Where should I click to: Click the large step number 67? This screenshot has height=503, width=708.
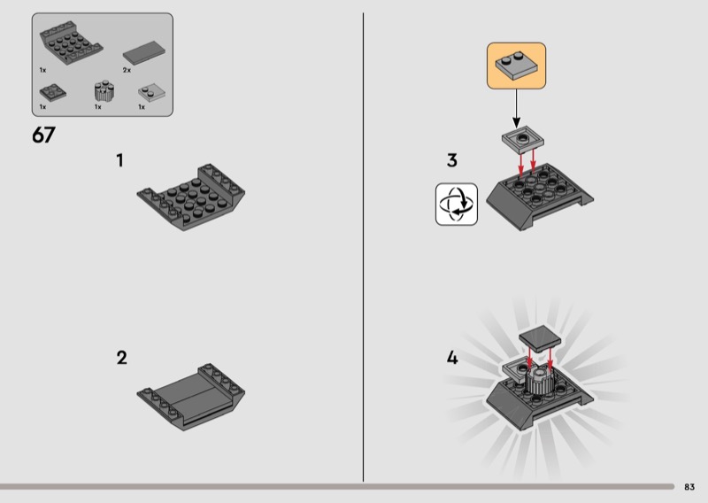(x=43, y=135)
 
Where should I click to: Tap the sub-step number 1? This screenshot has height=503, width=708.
(x=119, y=160)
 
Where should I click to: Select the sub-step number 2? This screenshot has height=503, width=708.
(x=121, y=358)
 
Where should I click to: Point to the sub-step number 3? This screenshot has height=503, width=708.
(x=452, y=160)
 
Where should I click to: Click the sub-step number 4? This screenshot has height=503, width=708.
(x=452, y=358)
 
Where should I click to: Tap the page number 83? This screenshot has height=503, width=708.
(x=689, y=487)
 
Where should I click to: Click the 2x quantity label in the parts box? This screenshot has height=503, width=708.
(x=127, y=70)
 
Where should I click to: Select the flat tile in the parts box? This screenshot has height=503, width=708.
(x=144, y=53)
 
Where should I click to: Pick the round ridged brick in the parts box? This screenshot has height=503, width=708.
(x=104, y=91)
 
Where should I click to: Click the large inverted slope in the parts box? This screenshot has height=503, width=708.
(x=71, y=43)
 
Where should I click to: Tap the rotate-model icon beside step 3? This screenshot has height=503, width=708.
(x=457, y=205)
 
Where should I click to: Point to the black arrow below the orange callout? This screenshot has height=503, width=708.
(x=516, y=108)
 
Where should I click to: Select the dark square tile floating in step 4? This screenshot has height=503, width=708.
(x=540, y=338)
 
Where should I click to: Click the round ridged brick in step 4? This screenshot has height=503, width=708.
(x=539, y=381)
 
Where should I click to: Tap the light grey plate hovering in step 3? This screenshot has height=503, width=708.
(x=523, y=138)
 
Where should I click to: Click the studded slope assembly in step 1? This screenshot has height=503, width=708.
(x=191, y=197)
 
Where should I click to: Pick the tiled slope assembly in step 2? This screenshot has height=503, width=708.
(x=191, y=397)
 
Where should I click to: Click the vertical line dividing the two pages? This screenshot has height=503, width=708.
(x=363, y=247)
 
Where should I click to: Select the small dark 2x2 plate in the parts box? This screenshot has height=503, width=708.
(x=53, y=93)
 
